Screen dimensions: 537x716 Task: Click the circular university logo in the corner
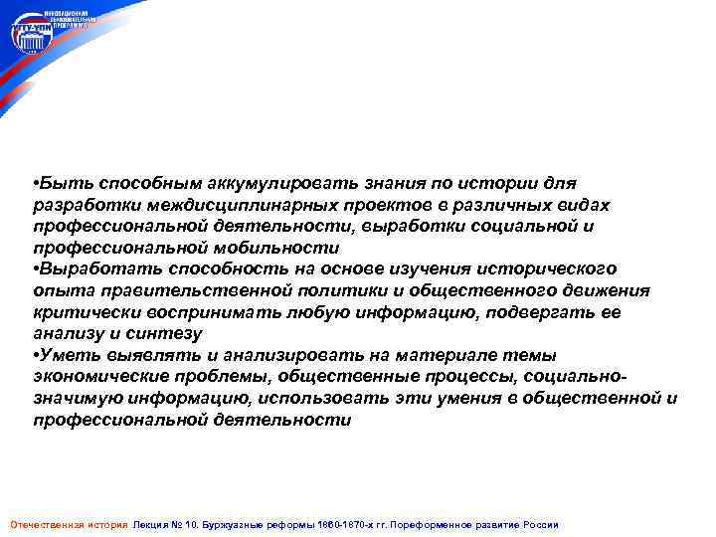pyautogui.click(x=31, y=37)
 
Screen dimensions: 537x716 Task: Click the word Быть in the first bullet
pyautogui.click(x=59, y=184)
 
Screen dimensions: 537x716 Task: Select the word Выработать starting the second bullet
pyautogui.click(x=88, y=269)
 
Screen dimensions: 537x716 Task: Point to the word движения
pyautogui.click(x=603, y=290)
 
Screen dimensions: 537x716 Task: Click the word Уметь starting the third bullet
pyautogui.click(x=67, y=355)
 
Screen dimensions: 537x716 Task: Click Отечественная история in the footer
pyautogui.click(x=68, y=524)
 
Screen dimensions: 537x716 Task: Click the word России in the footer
pyautogui.click(x=541, y=524)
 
